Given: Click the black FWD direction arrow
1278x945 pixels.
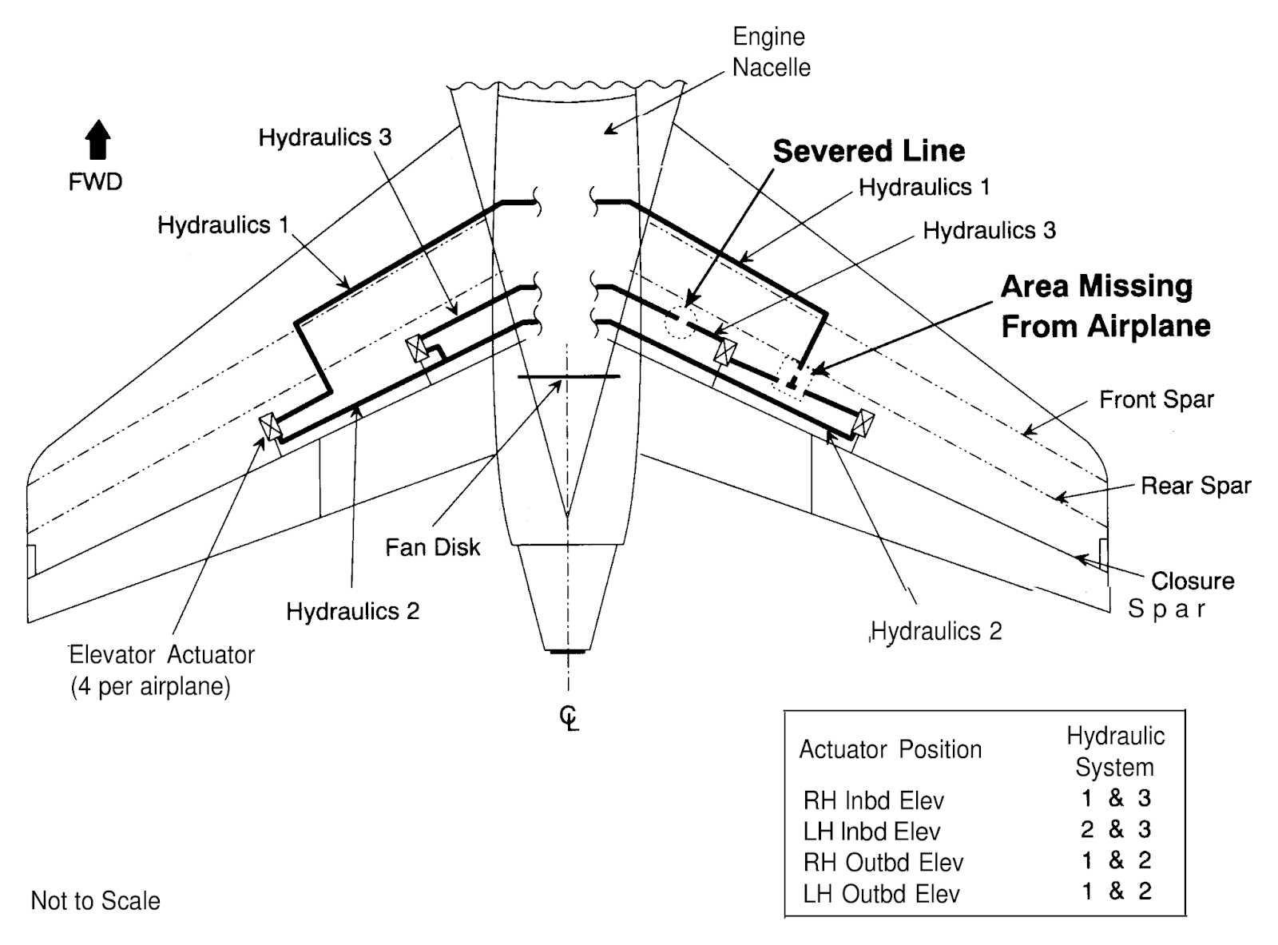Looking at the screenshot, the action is [x=98, y=140].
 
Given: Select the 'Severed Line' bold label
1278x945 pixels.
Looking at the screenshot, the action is [x=869, y=151].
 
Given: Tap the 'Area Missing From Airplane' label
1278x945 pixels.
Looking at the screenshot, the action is [x=1105, y=306].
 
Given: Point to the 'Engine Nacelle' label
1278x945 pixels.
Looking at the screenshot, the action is [x=772, y=52].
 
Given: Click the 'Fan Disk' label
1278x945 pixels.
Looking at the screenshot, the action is [x=432, y=547].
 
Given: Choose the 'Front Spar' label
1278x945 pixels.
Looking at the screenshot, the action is [x=1157, y=399].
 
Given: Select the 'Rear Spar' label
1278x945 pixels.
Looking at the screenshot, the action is [x=1197, y=486].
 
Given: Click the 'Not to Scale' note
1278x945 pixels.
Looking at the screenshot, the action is [x=96, y=900].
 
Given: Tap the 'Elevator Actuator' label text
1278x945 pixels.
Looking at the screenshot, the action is [x=162, y=655].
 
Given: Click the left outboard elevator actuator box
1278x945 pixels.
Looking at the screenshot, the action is [x=270, y=427].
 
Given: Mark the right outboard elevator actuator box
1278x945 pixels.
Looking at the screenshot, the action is [x=863, y=423].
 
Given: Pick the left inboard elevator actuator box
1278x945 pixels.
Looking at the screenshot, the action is [x=417, y=348].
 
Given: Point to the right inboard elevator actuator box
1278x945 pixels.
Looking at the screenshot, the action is [x=725, y=352].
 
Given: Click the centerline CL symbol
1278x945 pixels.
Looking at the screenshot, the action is [x=569, y=719].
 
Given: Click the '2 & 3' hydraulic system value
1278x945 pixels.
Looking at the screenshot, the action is [x=1116, y=829].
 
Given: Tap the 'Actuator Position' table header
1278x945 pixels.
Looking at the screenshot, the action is [x=891, y=749].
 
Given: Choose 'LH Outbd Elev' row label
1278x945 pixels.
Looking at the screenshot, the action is [x=882, y=894].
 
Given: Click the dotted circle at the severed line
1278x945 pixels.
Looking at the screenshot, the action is [x=681, y=322].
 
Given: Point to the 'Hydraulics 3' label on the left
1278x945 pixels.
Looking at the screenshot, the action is [x=325, y=137].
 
